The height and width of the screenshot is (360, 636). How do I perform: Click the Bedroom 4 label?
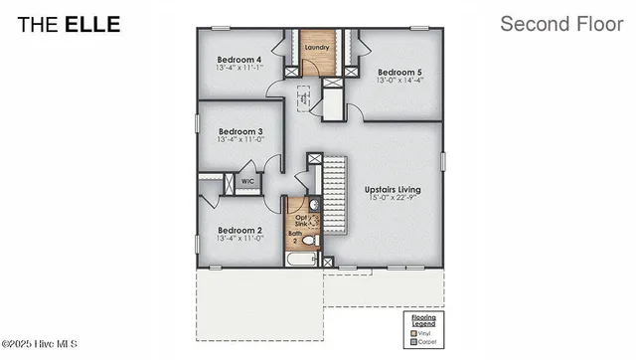click(238, 59)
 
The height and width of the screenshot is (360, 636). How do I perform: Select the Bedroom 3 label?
click(239, 131)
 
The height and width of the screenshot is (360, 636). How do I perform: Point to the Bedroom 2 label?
click(239, 229)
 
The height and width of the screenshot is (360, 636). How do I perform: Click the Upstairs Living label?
click(393, 189)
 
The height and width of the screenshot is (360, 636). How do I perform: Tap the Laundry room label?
click(317, 47)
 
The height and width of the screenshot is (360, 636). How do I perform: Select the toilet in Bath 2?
click(309, 241)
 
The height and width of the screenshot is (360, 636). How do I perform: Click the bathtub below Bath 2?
click(302, 260)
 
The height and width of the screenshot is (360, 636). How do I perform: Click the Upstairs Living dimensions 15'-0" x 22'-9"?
click(393, 198)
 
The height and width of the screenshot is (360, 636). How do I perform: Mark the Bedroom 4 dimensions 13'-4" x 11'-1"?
click(238, 68)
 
